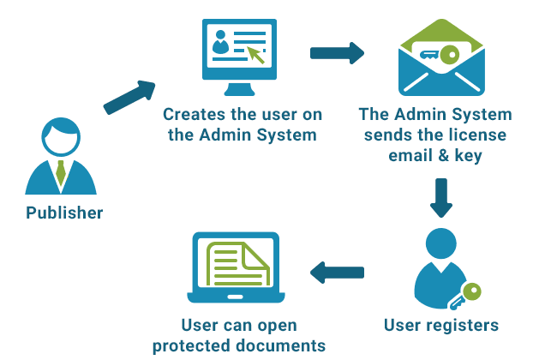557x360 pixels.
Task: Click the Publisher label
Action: click(64, 213)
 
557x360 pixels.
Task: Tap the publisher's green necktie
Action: click(61, 173)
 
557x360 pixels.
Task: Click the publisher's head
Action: click(61, 137)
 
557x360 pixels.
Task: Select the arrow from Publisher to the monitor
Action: click(129, 98)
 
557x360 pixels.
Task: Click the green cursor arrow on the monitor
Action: click(255, 55)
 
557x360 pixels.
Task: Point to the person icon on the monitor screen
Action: click(220, 43)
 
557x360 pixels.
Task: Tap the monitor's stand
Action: click(239, 89)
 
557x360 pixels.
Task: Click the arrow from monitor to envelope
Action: click(337, 53)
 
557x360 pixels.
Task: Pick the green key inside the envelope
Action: click(440, 55)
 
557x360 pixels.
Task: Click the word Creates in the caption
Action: click(195, 115)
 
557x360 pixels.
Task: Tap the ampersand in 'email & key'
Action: click(443, 156)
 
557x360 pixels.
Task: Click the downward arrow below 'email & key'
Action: click(441, 198)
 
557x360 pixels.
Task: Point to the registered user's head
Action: click(441, 243)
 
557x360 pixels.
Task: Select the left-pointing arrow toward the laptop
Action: click(337, 273)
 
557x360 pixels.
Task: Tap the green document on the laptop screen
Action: click(237, 264)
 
